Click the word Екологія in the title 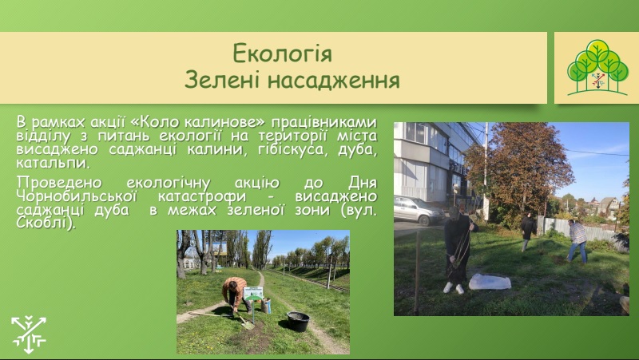[282, 53]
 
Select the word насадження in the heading [333, 80]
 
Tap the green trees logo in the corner [597, 68]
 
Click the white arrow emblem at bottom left [29, 334]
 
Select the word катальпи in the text [53, 164]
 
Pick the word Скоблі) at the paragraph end [46, 224]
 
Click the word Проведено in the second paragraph [59, 183]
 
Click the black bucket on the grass [298, 322]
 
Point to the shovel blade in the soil [247, 325]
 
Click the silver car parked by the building [419, 210]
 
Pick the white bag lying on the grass [490, 282]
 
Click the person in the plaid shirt [577, 240]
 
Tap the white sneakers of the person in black [454, 288]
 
